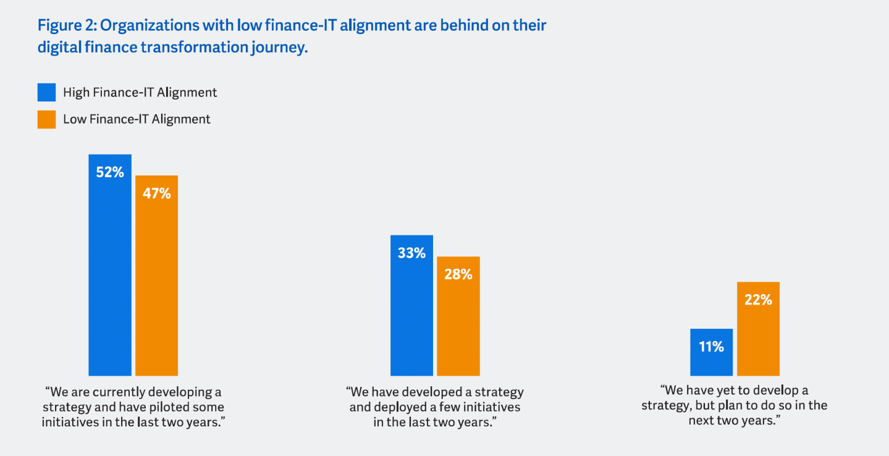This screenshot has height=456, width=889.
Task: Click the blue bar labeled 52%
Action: point(110,272)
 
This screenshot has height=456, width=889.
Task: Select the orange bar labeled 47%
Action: point(156,284)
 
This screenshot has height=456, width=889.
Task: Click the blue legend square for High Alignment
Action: point(46,93)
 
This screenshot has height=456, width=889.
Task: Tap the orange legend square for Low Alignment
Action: point(46,119)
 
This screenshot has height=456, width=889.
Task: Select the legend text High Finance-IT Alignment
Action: point(140,93)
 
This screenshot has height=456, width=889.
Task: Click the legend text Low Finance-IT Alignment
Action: point(137,119)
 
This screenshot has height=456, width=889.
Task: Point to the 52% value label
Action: point(110,172)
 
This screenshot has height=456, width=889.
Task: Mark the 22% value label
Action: point(758,300)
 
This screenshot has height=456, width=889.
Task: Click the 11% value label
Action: point(711,347)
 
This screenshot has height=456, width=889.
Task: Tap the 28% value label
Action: point(458,274)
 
